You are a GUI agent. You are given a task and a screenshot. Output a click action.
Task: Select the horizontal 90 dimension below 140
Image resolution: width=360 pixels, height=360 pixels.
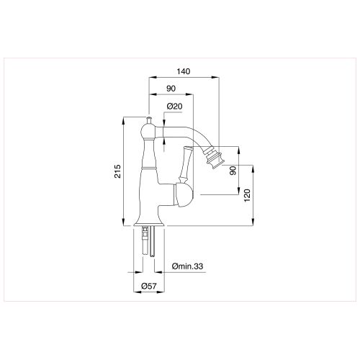[171, 89]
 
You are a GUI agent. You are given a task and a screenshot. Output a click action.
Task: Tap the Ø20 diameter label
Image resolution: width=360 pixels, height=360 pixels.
[174, 107]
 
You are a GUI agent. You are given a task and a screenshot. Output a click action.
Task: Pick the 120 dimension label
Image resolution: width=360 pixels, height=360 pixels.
[247, 197]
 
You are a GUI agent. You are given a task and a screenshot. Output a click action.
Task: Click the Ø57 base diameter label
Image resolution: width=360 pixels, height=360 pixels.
[149, 287]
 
